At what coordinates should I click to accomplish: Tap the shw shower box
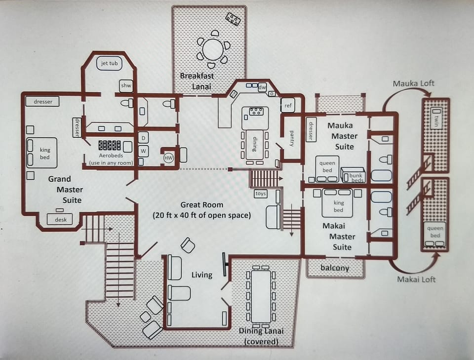click(x=126, y=86)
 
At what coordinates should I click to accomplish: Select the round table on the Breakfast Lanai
click(x=213, y=49)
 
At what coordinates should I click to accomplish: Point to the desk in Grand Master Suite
click(x=60, y=219)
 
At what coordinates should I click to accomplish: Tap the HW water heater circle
click(x=169, y=158)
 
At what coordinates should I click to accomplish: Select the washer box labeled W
click(x=143, y=150)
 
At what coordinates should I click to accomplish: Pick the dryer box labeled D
click(x=143, y=138)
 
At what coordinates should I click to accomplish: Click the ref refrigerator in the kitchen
click(x=288, y=105)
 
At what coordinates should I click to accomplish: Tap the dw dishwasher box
click(x=262, y=87)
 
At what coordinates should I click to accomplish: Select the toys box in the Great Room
click(x=260, y=194)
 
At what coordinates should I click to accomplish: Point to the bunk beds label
click(x=356, y=177)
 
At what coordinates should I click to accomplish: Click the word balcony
click(x=335, y=268)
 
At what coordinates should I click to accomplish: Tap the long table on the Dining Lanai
click(x=261, y=296)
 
